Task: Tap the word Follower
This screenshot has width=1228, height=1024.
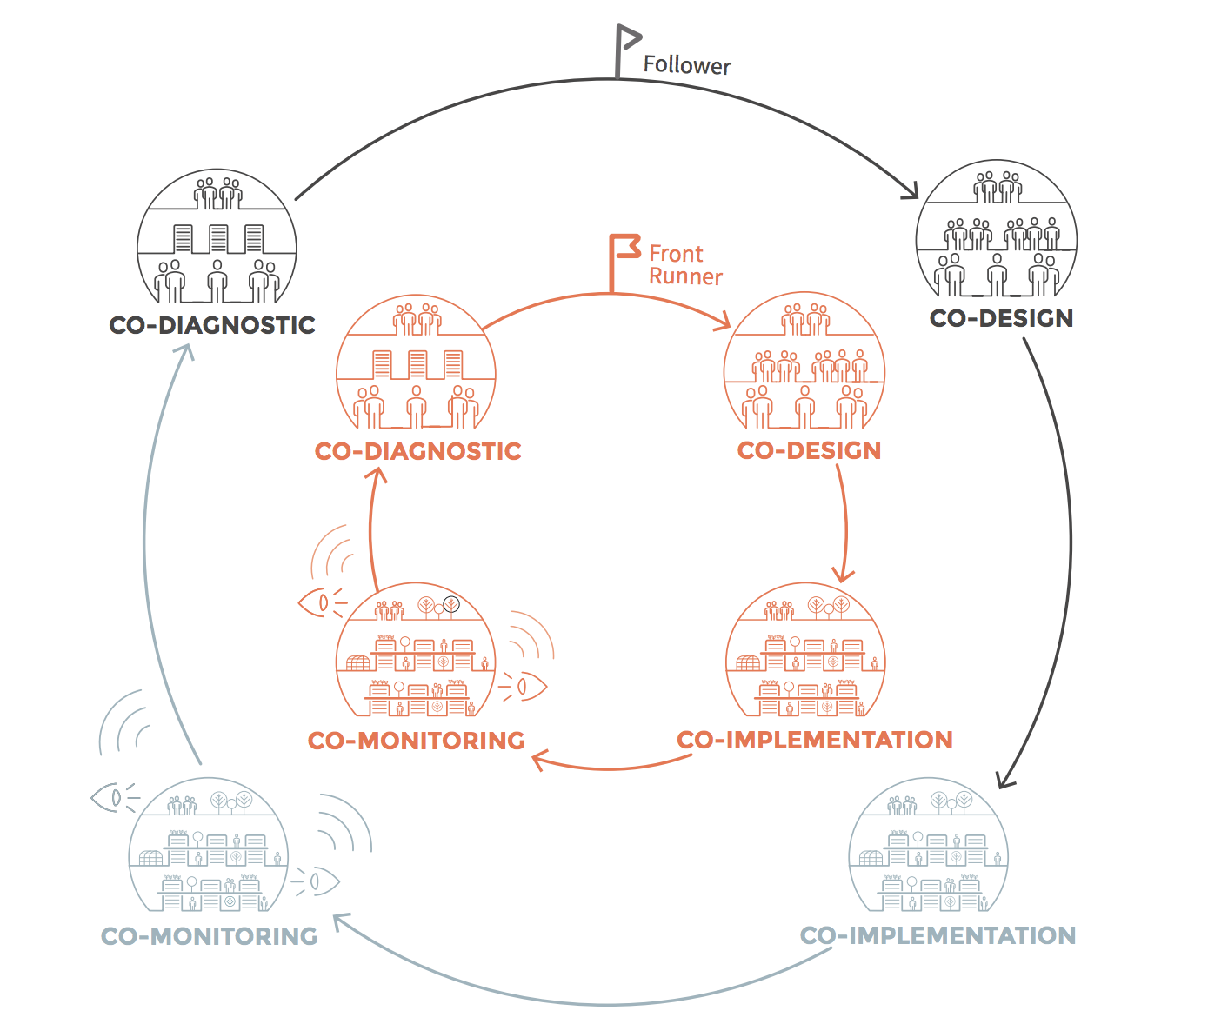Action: click(x=687, y=65)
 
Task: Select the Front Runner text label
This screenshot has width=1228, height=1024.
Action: click(x=685, y=265)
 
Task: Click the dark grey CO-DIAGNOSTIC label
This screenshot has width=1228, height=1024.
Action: click(x=212, y=325)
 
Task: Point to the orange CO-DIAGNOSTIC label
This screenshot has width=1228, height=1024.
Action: click(x=418, y=451)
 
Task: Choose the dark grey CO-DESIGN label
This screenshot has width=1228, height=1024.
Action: click(x=1001, y=318)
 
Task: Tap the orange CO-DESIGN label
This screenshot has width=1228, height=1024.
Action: click(x=809, y=450)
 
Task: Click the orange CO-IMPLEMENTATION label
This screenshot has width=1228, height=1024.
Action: click(x=815, y=740)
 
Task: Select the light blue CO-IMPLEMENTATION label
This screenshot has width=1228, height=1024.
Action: click(x=938, y=935)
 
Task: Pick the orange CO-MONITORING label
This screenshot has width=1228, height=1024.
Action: click(x=417, y=741)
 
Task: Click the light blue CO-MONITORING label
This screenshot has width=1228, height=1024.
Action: click(x=210, y=936)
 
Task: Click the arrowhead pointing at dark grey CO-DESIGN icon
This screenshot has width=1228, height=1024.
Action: click(x=911, y=190)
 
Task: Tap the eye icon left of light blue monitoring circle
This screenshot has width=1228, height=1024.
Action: click(x=111, y=797)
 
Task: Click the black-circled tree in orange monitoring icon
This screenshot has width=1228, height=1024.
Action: click(x=451, y=604)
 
